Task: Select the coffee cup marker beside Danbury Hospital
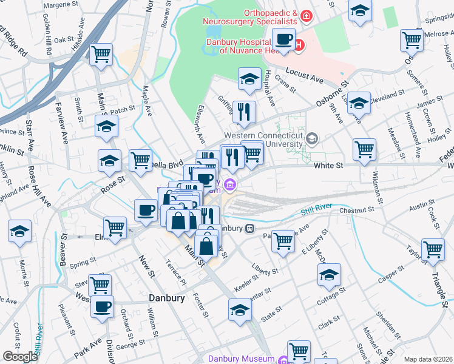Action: pos(283,40)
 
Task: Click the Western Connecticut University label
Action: pos(263,140)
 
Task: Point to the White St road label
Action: pos(328,164)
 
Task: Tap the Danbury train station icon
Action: pos(248,229)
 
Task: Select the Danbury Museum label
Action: pos(242,359)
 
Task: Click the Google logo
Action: pos(20,357)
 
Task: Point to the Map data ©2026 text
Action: pos(427,359)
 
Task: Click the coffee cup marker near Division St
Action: pos(102,306)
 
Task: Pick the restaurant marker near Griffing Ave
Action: pos(244,111)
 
